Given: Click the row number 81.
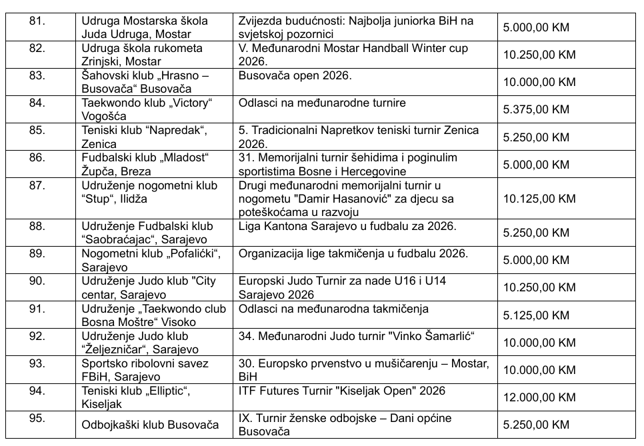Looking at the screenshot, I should (37, 21).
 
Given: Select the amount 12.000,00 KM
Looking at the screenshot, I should (539, 397).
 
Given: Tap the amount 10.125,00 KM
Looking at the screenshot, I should (539, 199).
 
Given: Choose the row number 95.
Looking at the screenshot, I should (37, 418).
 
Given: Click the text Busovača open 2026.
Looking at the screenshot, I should (295, 76).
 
